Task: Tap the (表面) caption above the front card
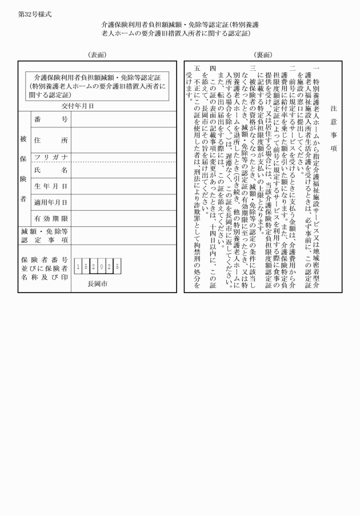(x=97, y=54)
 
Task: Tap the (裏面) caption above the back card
(x=263, y=54)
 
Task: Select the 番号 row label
(x=51, y=119)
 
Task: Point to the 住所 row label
(x=51, y=140)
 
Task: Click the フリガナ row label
(x=51, y=157)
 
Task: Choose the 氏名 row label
(x=51, y=170)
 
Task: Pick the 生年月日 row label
(x=51, y=186)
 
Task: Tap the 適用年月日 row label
(x=51, y=202)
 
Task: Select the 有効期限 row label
(x=51, y=218)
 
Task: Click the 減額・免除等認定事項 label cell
(x=45, y=235)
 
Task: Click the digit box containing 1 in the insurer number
(x=78, y=266)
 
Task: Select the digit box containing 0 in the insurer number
(x=102, y=266)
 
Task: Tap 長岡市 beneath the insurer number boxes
(x=98, y=283)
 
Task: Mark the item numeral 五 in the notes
(x=197, y=67)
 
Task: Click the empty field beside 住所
(x=123, y=140)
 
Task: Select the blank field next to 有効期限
(x=123, y=218)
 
